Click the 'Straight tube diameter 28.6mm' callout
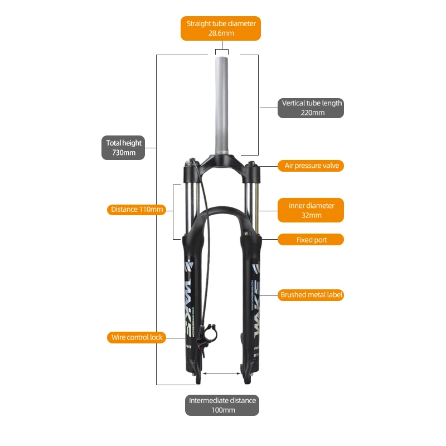pos(221,28)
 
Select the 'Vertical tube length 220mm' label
pos(311,108)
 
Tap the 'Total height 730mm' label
pos(124,148)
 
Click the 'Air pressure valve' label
pos(311,166)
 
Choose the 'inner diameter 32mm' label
pos(311,210)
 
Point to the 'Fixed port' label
pos(311,240)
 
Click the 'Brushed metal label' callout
pos(311,295)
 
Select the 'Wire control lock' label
pos(137,337)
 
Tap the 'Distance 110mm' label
pos(137,210)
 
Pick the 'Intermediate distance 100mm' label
pos(222,405)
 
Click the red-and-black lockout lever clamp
pos(211,335)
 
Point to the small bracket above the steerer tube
pos(222,51)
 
